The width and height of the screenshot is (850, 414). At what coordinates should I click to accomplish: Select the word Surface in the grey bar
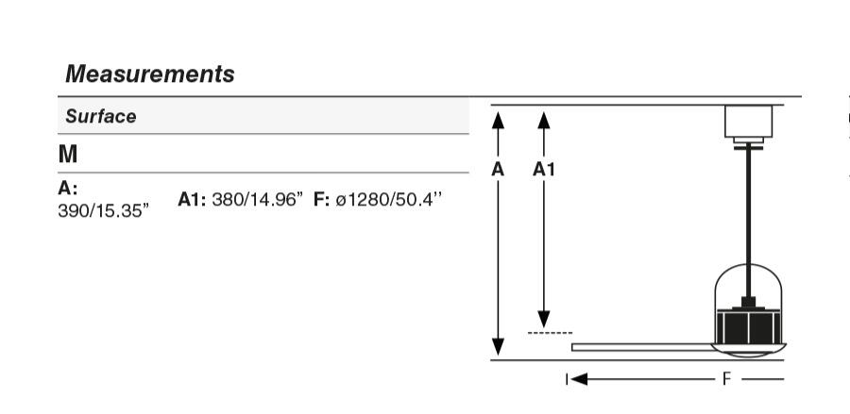(x=101, y=117)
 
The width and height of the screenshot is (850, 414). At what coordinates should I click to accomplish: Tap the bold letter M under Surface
(x=68, y=154)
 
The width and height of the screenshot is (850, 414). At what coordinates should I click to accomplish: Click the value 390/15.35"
(x=103, y=207)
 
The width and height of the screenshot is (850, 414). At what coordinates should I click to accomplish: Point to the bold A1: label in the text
(x=193, y=200)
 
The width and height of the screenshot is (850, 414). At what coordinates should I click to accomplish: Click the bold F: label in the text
(x=322, y=200)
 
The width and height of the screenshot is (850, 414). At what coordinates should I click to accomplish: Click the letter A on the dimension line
(x=498, y=170)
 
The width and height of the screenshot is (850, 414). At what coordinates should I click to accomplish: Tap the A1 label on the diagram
(x=543, y=170)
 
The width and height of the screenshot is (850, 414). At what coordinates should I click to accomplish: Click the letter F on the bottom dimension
(x=726, y=379)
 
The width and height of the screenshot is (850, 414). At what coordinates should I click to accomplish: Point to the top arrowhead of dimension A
(x=499, y=118)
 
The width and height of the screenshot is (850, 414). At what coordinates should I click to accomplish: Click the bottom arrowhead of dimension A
(x=499, y=348)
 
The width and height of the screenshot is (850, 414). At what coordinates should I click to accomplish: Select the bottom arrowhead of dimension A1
(x=543, y=320)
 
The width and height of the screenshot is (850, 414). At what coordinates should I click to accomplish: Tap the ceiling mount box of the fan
(x=748, y=122)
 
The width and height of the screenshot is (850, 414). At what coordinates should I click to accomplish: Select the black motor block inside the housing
(x=748, y=325)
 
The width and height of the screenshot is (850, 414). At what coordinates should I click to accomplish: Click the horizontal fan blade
(x=642, y=347)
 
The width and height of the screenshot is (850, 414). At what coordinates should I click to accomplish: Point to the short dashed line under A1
(x=550, y=333)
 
